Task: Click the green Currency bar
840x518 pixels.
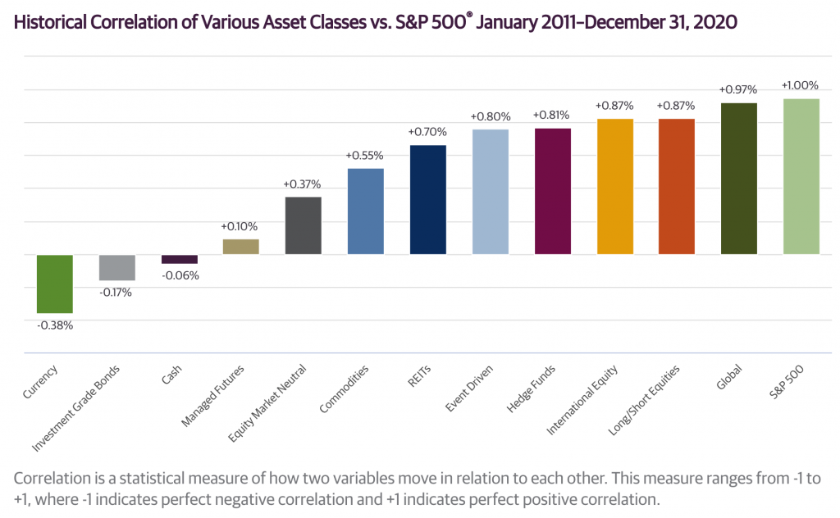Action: tap(54, 284)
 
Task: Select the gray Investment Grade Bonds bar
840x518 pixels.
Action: tap(116, 267)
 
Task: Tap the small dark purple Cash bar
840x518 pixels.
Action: tap(179, 259)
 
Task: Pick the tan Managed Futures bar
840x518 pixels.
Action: tap(241, 246)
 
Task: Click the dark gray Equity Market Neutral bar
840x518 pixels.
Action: tap(303, 225)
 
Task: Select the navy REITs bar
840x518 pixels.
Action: tap(427, 200)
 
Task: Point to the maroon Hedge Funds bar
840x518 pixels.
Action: tap(552, 191)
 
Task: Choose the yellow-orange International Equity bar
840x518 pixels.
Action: tap(614, 186)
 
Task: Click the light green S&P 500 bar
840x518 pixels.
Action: tap(801, 176)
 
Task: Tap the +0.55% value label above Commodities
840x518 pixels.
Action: tap(365, 156)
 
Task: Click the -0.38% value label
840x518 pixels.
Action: tap(54, 325)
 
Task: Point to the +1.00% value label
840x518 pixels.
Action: tap(801, 85)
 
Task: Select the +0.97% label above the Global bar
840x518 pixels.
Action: tap(738, 89)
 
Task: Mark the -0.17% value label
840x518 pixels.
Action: tap(116, 292)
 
